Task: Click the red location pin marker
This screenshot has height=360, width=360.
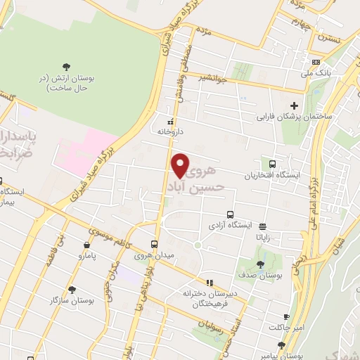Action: [181, 165]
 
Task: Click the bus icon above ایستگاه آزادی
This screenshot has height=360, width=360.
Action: [229, 214]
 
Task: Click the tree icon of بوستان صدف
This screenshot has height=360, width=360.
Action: [260, 264]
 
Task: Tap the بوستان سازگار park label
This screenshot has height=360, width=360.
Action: [70, 300]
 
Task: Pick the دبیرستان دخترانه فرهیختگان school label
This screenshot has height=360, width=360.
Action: [208, 297]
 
